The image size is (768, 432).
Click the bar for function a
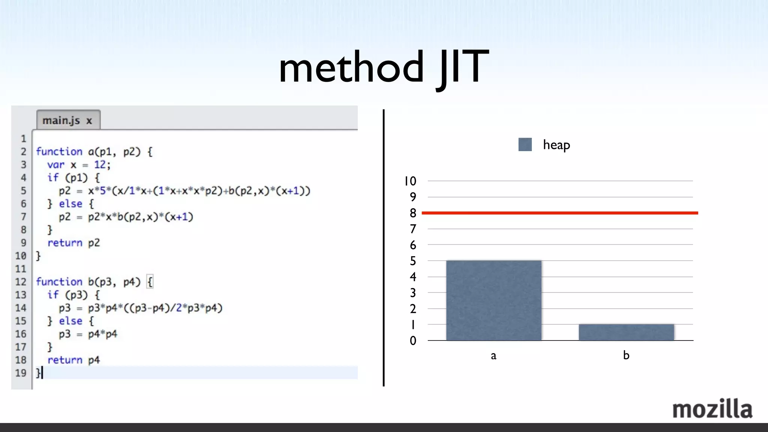(493, 300)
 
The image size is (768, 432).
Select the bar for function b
(626, 332)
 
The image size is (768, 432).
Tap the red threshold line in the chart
(559, 213)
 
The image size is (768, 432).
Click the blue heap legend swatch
(525, 144)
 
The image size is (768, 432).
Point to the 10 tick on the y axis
(410, 181)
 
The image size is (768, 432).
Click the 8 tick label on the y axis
(413, 213)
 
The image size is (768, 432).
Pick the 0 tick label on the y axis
(413, 340)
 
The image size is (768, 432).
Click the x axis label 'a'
(493, 355)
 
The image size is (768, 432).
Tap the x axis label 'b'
(626, 355)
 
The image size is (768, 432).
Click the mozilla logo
(712, 409)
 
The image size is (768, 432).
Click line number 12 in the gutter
(21, 282)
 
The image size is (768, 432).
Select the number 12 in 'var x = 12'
(100, 165)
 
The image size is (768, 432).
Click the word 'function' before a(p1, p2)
(59, 151)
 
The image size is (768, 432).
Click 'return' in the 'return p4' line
(64, 360)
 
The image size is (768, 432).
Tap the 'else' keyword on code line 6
(70, 204)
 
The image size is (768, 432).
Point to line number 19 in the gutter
(21, 373)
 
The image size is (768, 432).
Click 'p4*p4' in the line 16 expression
(102, 334)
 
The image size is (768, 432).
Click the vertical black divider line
(383, 247)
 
